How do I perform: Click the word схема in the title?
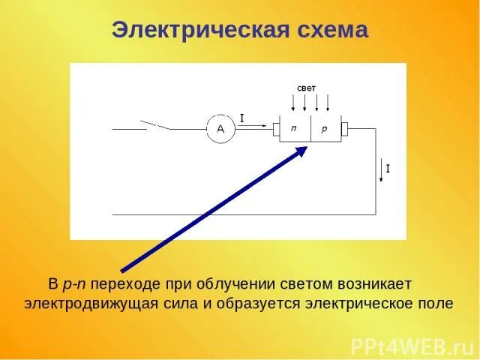click(328, 30)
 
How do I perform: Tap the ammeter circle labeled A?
click(220, 130)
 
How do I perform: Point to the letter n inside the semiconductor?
click(294, 129)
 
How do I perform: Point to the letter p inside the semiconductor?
click(325, 129)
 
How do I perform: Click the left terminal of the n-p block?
click(276, 130)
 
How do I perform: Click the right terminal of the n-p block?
click(344, 130)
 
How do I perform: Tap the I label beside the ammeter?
click(242, 118)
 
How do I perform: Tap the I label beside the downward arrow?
click(388, 169)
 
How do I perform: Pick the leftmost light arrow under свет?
click(293, 103)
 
